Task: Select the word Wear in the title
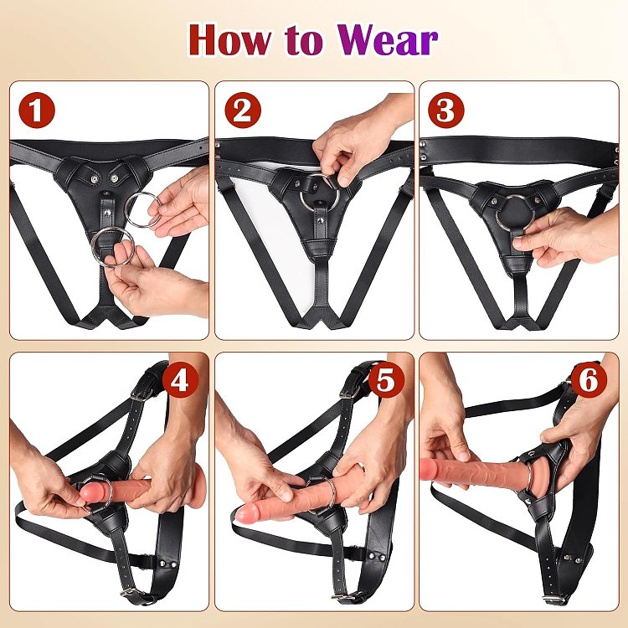tap(392, 39)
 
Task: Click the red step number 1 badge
tap(35, 109)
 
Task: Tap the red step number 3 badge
tap(445, 109)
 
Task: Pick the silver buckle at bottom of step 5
tap(342, 595)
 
